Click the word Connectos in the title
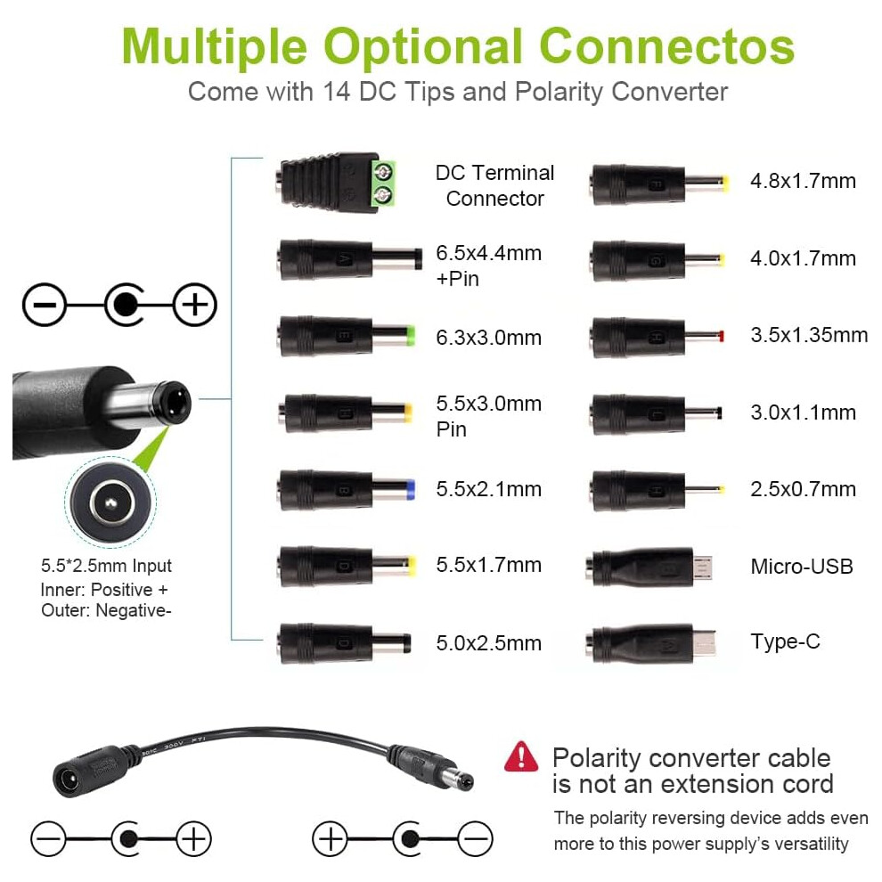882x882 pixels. [666, 46]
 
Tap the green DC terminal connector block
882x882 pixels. [384, 183]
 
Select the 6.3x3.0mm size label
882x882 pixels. [489, 338]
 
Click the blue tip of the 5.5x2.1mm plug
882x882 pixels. [410, 489]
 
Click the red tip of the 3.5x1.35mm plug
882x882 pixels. [722, 337]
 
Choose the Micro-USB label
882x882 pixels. [802, 567]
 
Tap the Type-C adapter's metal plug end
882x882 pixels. [705, 643]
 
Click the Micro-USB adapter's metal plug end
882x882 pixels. [703, 567]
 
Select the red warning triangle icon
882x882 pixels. [521, 756]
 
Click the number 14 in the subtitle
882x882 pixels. [337, 92]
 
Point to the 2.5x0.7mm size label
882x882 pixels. [804, 489]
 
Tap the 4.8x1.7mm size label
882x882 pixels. [804, 181]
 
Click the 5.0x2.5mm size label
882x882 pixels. [489, 643]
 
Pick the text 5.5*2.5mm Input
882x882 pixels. [106, 566]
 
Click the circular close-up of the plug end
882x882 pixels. [110, 502]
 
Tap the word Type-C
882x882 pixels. [785, 641]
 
